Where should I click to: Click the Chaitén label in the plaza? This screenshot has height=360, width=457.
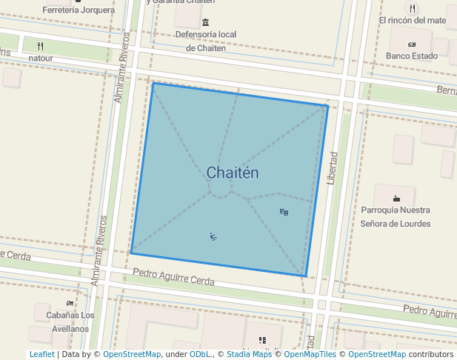tap(233, 173)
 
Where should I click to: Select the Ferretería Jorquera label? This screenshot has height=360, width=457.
tap(79, 10)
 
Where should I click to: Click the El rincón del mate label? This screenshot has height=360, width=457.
tap(413, 20)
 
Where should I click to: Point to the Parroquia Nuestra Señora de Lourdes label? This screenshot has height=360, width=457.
tap(396, 216)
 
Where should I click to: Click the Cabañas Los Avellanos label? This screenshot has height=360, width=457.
tap(70, 321)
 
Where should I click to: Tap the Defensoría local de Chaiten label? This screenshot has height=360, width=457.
tap(206, 41)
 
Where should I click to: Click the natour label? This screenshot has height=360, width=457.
tap(41, 57)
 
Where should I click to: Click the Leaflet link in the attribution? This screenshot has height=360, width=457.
tap(41, 355)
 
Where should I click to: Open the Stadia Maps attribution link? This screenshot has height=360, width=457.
tap(249, 355)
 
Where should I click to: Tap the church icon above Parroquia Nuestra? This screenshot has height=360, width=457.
tap(396, 198)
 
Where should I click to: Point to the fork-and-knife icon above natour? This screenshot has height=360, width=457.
tap(41, 45)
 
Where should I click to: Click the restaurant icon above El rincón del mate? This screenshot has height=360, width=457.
tap(413, 7)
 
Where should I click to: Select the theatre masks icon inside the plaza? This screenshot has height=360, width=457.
tap(284, 213)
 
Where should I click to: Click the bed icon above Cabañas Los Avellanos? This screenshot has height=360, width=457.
tap(70, 303)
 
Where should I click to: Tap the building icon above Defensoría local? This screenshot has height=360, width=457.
tap(205, 21)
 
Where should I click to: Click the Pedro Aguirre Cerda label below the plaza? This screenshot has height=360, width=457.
tap(173, 277)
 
